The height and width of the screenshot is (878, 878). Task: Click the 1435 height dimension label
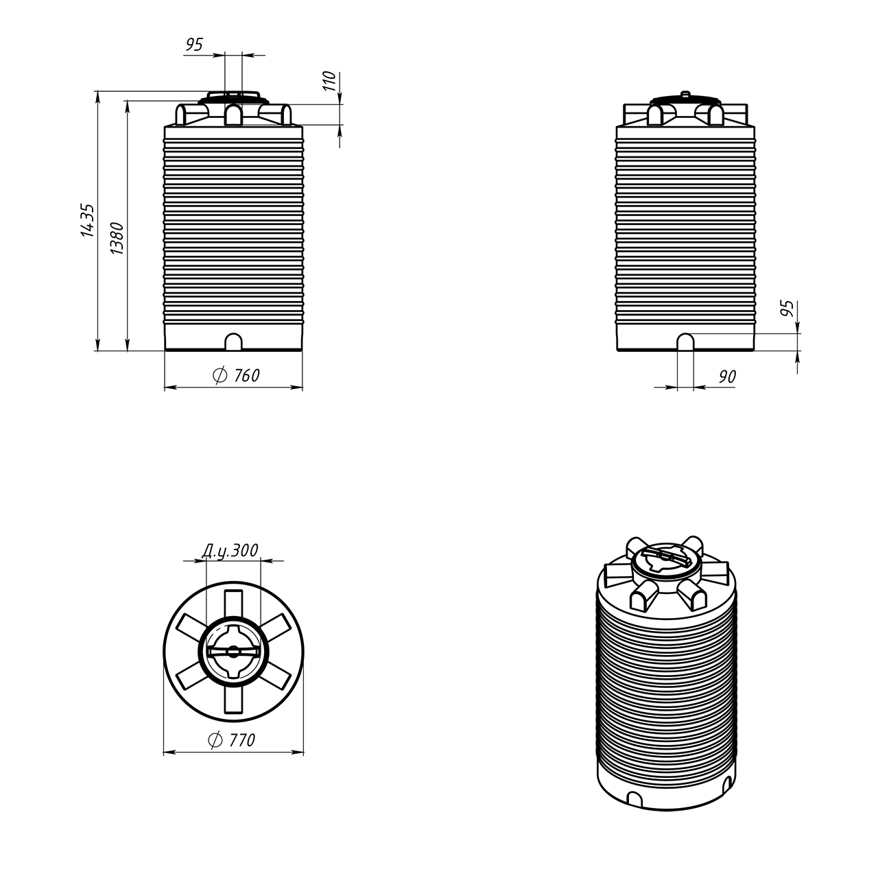pyautogui.click(x=88, y=220)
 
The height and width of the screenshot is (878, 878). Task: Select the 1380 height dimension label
pyautogui.click(x=117, y=238)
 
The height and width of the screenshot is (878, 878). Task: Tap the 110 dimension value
pyautogui.click(x=329, y=81)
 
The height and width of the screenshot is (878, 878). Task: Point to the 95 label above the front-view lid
pyautogui.click(x=194, y=45)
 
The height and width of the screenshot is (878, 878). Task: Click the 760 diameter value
pyautogui.click(x=246, y=375)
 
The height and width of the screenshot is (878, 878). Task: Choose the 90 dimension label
pyautogui.click(x=727, y=377)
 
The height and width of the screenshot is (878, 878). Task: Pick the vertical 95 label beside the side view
pyautogui.click(x=787, y=309)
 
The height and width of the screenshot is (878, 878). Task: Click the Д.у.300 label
pyautogui.click(x=230, y=551)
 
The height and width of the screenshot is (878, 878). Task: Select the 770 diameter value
pyautogui.click(x=242, y=740)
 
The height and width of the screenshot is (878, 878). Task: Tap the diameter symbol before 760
pyautogui.click(x=220, y=375)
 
